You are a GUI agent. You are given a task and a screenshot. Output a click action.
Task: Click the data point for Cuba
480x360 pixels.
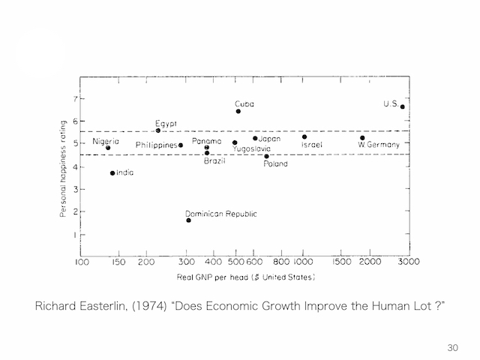tap(238, 112)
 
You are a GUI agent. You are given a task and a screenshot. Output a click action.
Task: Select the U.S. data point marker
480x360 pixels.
tap(403, 106)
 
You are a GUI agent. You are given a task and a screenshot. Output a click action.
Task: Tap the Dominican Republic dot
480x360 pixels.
tap(188, 220)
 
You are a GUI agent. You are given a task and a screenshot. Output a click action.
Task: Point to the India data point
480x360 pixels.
tap(112, 173)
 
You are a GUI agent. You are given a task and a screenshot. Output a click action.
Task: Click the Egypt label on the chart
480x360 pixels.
tap(166, 123)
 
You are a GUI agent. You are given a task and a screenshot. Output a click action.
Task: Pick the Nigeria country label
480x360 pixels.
tap(106, 141)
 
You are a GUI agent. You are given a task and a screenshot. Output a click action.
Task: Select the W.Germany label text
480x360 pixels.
tap(379, 145)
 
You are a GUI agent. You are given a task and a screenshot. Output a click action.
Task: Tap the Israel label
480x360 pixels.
tap(312, 145)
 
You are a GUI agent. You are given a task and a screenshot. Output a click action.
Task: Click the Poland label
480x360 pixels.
tap(275, 163)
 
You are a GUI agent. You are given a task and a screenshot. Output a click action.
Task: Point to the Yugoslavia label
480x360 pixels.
tap(251, 149)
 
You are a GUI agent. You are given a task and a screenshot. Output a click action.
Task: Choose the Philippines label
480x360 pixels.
tap(156, 145)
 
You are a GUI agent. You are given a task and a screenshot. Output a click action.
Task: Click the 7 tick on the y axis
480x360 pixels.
tap(75, 99)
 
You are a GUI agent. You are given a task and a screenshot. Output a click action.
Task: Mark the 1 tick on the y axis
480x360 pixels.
tap(75, 235)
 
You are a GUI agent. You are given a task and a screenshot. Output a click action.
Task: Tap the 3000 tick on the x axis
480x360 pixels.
tap(408, 262)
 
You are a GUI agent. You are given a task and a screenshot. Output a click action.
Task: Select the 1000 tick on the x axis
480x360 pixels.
tap(303, 262)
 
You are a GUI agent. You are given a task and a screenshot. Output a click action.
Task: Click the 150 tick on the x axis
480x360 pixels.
tap(118, 262)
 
